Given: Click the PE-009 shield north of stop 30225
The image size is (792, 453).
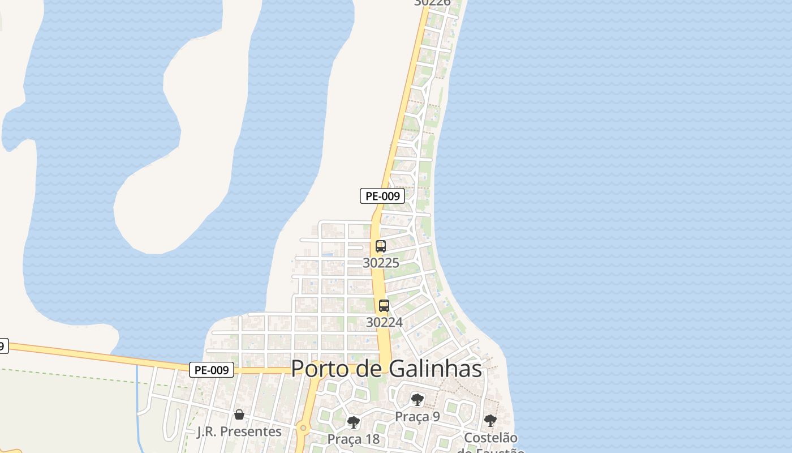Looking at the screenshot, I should (x=382, y=196).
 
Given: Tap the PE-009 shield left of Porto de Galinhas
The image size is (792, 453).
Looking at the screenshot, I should (x=211, y=370).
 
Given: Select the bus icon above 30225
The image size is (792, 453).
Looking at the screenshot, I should (x=381, y=246).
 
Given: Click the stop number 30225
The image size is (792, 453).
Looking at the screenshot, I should (x=381, y=263).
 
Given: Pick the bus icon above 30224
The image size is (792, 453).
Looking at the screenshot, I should (x=384, y=306).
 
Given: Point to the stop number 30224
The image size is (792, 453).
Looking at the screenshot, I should (x=384, y=322).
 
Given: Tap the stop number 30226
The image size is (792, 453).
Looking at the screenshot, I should (x=432, y=2).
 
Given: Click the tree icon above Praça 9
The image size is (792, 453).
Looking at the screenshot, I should (x=417, y=400).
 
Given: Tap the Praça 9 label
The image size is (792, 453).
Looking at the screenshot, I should (x=417, y=416).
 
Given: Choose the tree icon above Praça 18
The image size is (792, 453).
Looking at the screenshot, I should (x=354, y=422).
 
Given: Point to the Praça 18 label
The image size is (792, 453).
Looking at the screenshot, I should (x=354, y=439).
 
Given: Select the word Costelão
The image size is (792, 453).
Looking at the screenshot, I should (x=490, y=438).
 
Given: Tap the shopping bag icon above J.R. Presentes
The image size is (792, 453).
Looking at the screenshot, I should (x=239, y=414).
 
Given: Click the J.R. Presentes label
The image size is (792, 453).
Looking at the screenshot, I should (x=239, y=431).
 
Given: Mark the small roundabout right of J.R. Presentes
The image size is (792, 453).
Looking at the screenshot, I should (x=304, y=429).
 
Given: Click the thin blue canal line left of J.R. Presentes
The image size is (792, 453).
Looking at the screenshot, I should (x=137, y=396).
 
